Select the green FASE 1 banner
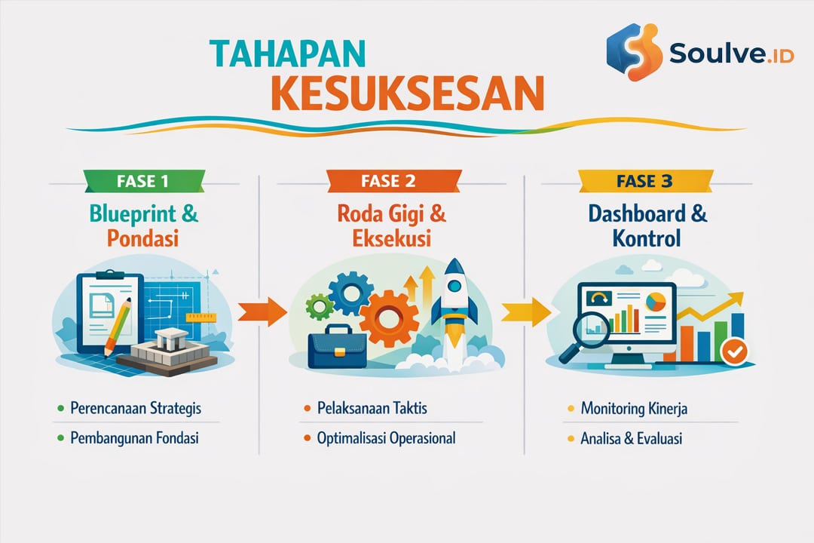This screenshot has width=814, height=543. pyautogui.click(x=143, y=182)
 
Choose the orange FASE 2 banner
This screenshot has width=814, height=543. pyautogui.click(x=393, y=182)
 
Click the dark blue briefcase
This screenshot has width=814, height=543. pyautogui.click(x=336, y=349)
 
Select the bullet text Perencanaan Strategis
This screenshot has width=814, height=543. pyautogui.click(x=135, y=409)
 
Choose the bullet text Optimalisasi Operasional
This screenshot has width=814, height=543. pyautogui.click(x=386, y=438)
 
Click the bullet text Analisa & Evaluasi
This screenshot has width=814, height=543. pyautogui.click(x=631, y=438)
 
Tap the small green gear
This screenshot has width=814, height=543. pyautogui.click(x=319, y=307)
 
